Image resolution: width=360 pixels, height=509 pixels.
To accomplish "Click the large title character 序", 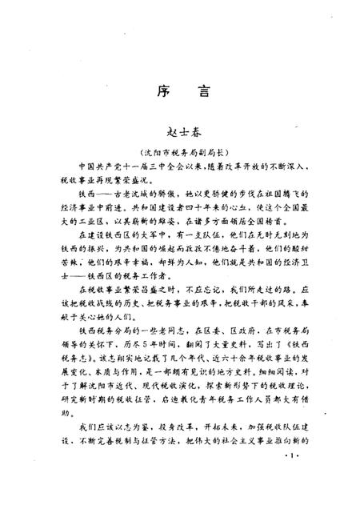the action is pyautogui.click(x=157, y=91).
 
